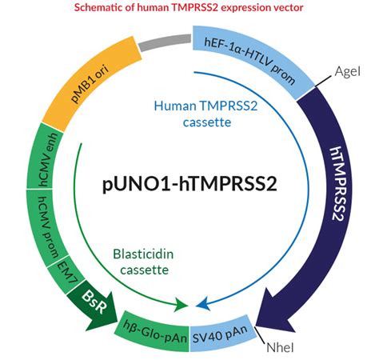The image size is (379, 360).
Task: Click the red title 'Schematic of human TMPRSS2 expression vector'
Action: pyautogui.click(x=189, y=8)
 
